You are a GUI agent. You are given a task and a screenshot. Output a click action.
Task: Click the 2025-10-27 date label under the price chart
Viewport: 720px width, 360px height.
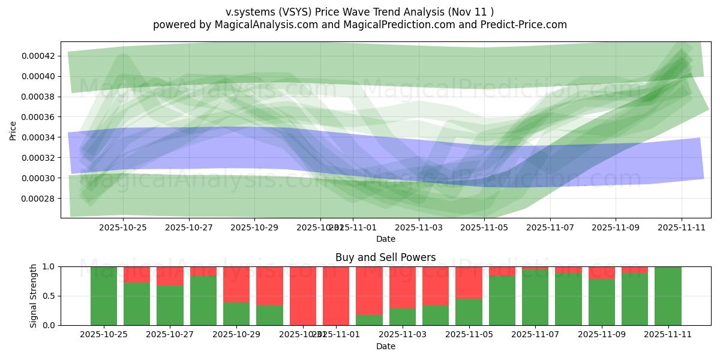pos(188,227)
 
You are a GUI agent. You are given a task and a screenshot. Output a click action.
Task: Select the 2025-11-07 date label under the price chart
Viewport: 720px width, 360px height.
pos(550,227)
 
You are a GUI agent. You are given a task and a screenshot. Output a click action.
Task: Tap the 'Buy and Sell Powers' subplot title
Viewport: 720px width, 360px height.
pos(386,257)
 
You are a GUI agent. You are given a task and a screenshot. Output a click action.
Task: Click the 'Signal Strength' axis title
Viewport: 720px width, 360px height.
pos(34,296)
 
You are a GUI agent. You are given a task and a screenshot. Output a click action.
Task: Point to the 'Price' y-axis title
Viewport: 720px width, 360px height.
pos(13,130)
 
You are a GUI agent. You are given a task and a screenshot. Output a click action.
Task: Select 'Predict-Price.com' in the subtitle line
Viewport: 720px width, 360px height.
pos(526,25)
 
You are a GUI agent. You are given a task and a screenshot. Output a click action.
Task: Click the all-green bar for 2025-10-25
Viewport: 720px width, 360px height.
pos(104,296)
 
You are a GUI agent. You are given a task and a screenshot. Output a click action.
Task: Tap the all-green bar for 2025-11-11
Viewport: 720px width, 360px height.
pos(668,296)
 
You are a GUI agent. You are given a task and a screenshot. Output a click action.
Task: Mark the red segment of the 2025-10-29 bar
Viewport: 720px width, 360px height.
pos(236,284)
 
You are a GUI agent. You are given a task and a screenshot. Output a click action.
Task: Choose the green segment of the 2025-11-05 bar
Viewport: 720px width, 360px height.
pos(469,312)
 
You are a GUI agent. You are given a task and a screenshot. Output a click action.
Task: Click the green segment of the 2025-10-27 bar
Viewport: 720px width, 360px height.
pos(170,305)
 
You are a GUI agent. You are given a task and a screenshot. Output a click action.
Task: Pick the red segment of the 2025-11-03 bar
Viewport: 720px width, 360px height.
pos(402,287)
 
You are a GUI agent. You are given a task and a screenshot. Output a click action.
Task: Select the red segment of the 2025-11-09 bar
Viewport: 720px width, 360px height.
pos(601,272)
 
